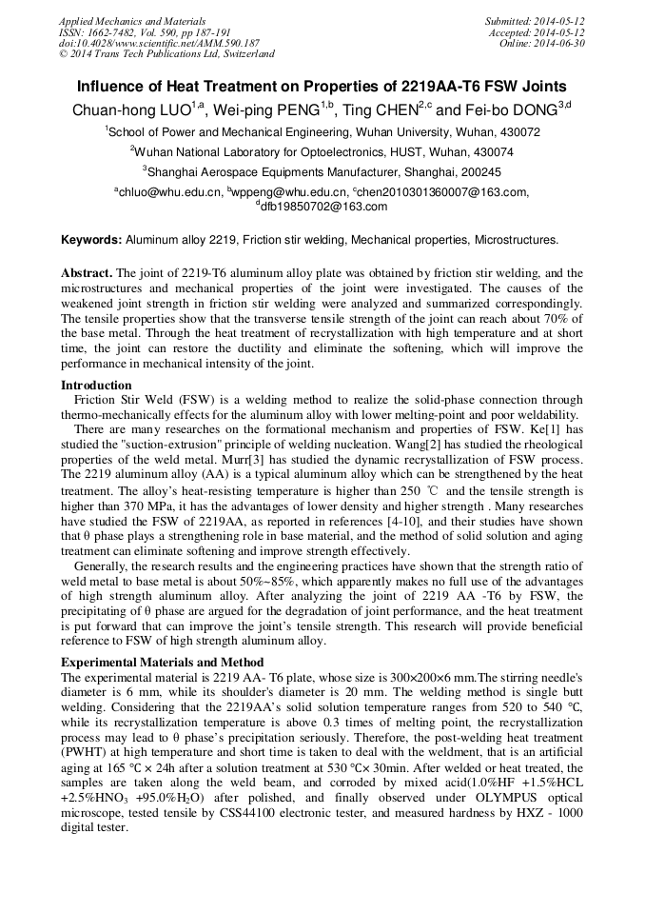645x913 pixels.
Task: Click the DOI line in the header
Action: tap(159, 43)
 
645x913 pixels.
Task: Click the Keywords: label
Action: tap(91, 240)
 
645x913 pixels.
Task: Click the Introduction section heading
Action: tap(96, 386)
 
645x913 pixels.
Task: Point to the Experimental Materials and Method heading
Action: tap(162, 662)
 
